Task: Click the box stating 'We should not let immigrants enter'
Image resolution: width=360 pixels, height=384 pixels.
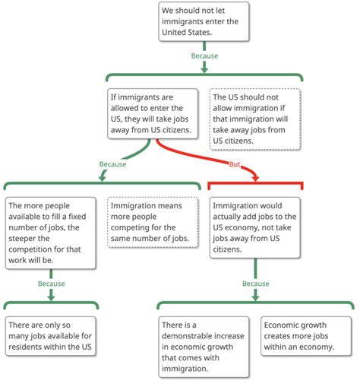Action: (x=204, y=21)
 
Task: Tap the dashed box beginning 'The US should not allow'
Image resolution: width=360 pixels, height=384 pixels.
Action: (x=255, y=119)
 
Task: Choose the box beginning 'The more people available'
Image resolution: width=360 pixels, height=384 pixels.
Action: (x=50, y=233)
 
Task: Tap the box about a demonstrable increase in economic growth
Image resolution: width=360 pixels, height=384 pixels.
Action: (x=204, y=346)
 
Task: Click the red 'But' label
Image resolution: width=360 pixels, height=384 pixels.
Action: (x=238, y=165)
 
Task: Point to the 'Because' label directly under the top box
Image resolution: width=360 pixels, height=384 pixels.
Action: (x=204, y=56)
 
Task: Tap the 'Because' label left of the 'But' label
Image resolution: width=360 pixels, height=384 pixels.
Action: (x=112, y=163)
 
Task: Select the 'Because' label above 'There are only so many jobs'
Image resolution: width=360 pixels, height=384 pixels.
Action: (x=50, y=284)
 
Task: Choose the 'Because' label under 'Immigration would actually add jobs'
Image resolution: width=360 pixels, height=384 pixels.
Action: (x=255, y=284)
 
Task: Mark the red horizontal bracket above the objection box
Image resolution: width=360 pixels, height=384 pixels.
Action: (x=254, y=184)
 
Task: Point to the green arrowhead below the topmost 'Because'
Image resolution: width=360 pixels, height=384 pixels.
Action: (x=204, y=68)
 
